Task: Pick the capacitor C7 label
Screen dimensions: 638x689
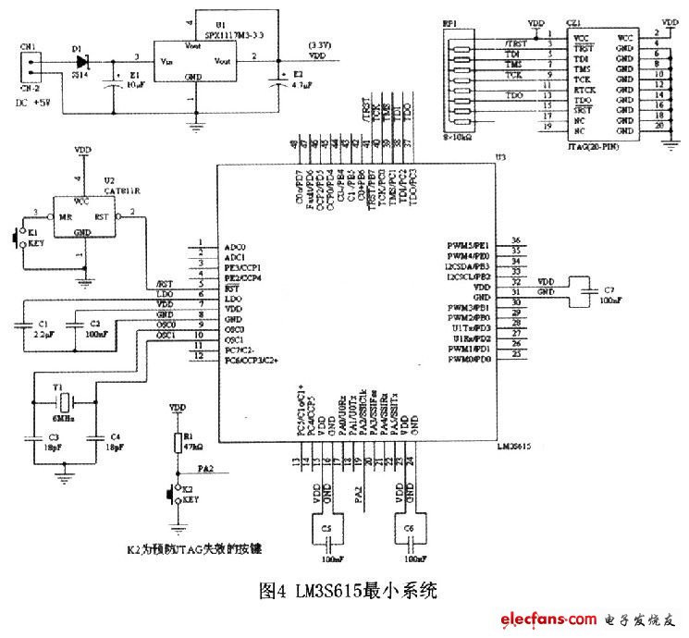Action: click(609, 289)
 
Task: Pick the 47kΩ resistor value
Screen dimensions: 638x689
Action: click(192, 445)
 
